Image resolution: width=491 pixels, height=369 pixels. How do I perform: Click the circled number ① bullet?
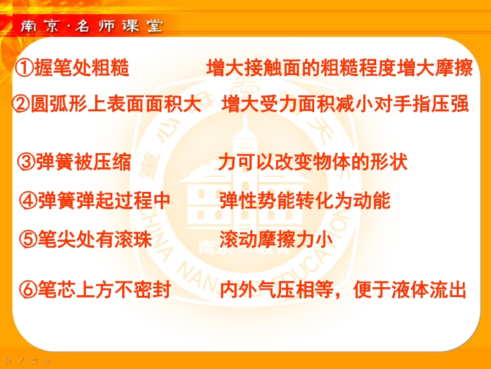24,68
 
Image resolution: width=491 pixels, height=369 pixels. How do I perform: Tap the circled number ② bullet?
21,104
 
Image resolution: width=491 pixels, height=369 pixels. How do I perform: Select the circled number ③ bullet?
26,162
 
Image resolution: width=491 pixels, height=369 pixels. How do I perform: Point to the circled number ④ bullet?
28,200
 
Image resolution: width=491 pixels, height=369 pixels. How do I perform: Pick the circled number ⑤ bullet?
28,239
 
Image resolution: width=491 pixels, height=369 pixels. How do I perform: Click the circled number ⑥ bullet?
28,289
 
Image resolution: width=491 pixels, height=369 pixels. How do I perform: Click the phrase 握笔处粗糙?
82,68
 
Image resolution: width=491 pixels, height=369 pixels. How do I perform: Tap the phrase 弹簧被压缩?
83,162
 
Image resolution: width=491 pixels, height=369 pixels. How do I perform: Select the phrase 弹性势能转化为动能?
305,200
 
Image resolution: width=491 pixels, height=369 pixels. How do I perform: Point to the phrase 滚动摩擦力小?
276,239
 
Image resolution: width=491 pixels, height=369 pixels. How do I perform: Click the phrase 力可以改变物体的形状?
313,162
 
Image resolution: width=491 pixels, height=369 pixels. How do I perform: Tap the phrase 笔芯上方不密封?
104,289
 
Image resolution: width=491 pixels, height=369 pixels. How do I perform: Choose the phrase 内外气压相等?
277,289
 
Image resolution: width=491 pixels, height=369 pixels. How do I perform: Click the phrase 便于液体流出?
410,289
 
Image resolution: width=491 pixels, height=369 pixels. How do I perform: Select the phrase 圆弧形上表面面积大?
116,104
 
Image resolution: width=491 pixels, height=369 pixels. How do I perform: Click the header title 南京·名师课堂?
91,26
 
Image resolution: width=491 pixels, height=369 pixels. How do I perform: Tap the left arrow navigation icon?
8,361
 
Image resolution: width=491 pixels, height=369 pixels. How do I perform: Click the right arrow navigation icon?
47,361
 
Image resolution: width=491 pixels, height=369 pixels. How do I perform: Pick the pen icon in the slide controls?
21,361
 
